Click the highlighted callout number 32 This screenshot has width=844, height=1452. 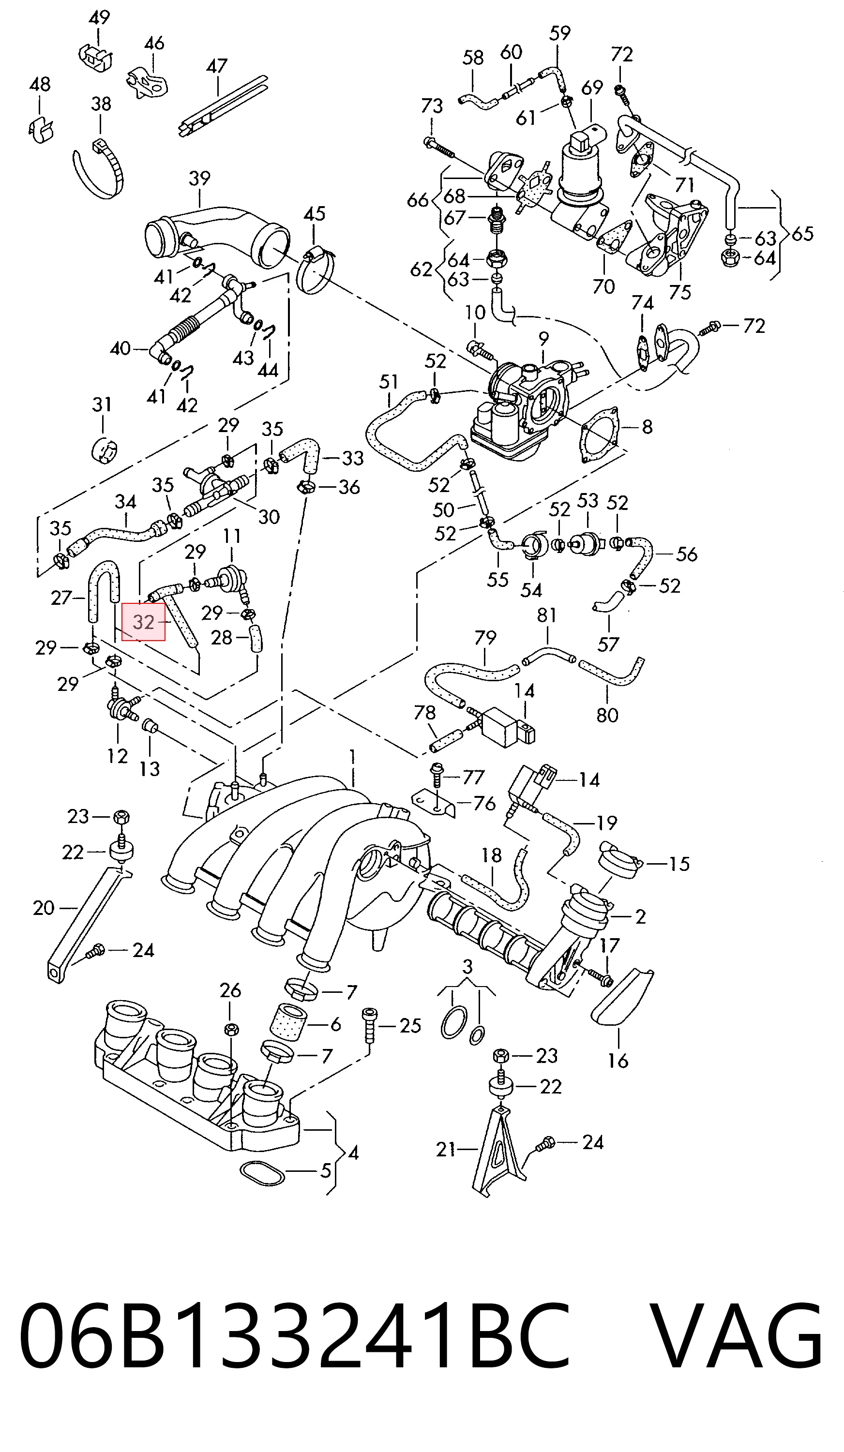pos(144,622)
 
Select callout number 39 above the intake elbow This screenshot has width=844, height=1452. pos(199,178)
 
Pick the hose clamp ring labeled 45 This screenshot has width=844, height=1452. pos(315,269)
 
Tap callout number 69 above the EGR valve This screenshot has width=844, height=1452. pos(592,88)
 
